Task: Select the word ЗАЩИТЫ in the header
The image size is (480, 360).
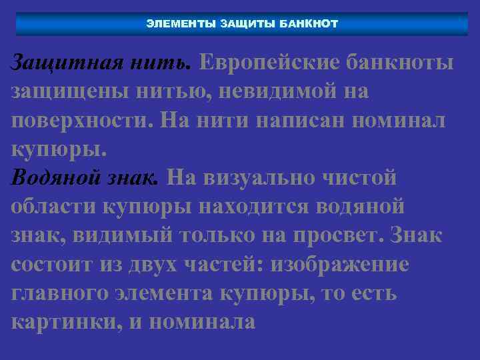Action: point(247,24)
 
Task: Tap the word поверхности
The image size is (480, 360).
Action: point(83,121)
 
